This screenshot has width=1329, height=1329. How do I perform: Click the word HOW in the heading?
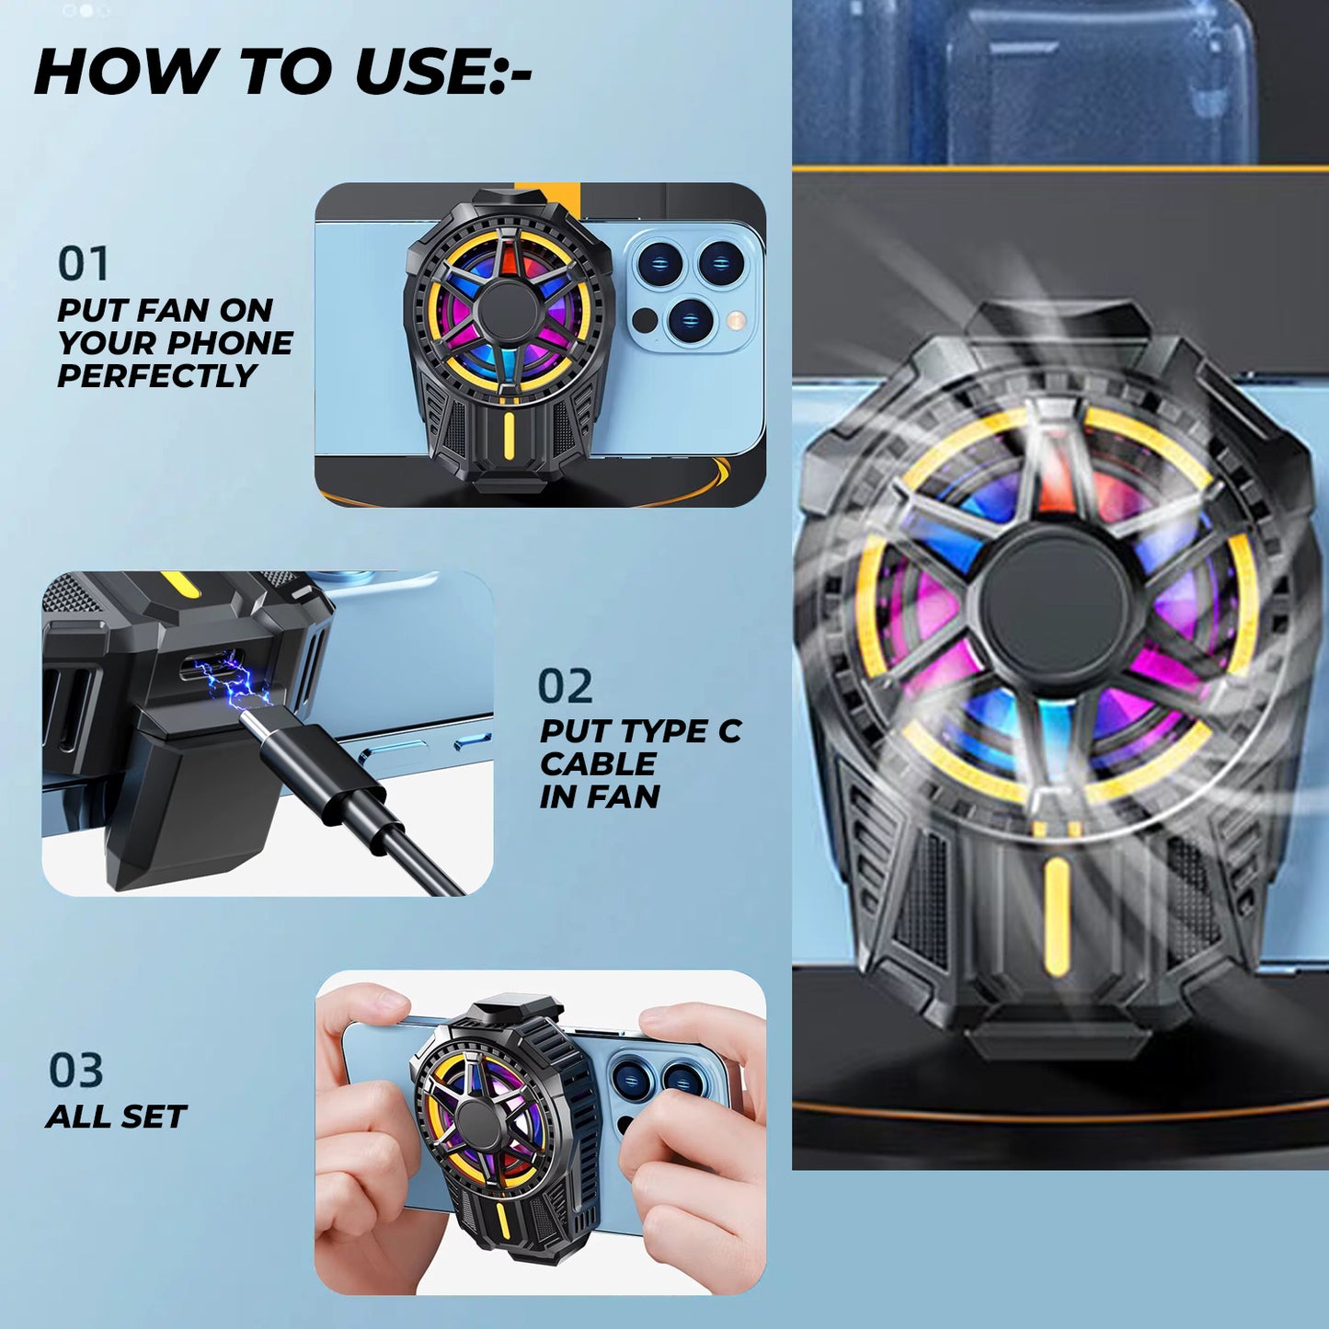[x=123, y=71]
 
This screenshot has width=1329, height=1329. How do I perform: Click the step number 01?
[x=84, y=263]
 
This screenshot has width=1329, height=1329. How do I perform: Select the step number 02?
[x=565, y=686]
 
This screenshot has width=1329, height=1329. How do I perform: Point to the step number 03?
[x=75, y=1071]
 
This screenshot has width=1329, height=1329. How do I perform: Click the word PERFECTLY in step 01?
[x=157, y=376]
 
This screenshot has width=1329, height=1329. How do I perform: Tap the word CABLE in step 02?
[x=598, y=764]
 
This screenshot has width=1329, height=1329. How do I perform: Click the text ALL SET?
[x=116, y=1117]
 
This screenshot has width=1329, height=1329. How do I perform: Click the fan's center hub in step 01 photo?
[x=509, y=310]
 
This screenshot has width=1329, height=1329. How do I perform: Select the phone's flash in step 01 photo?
[x=736, y=320]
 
